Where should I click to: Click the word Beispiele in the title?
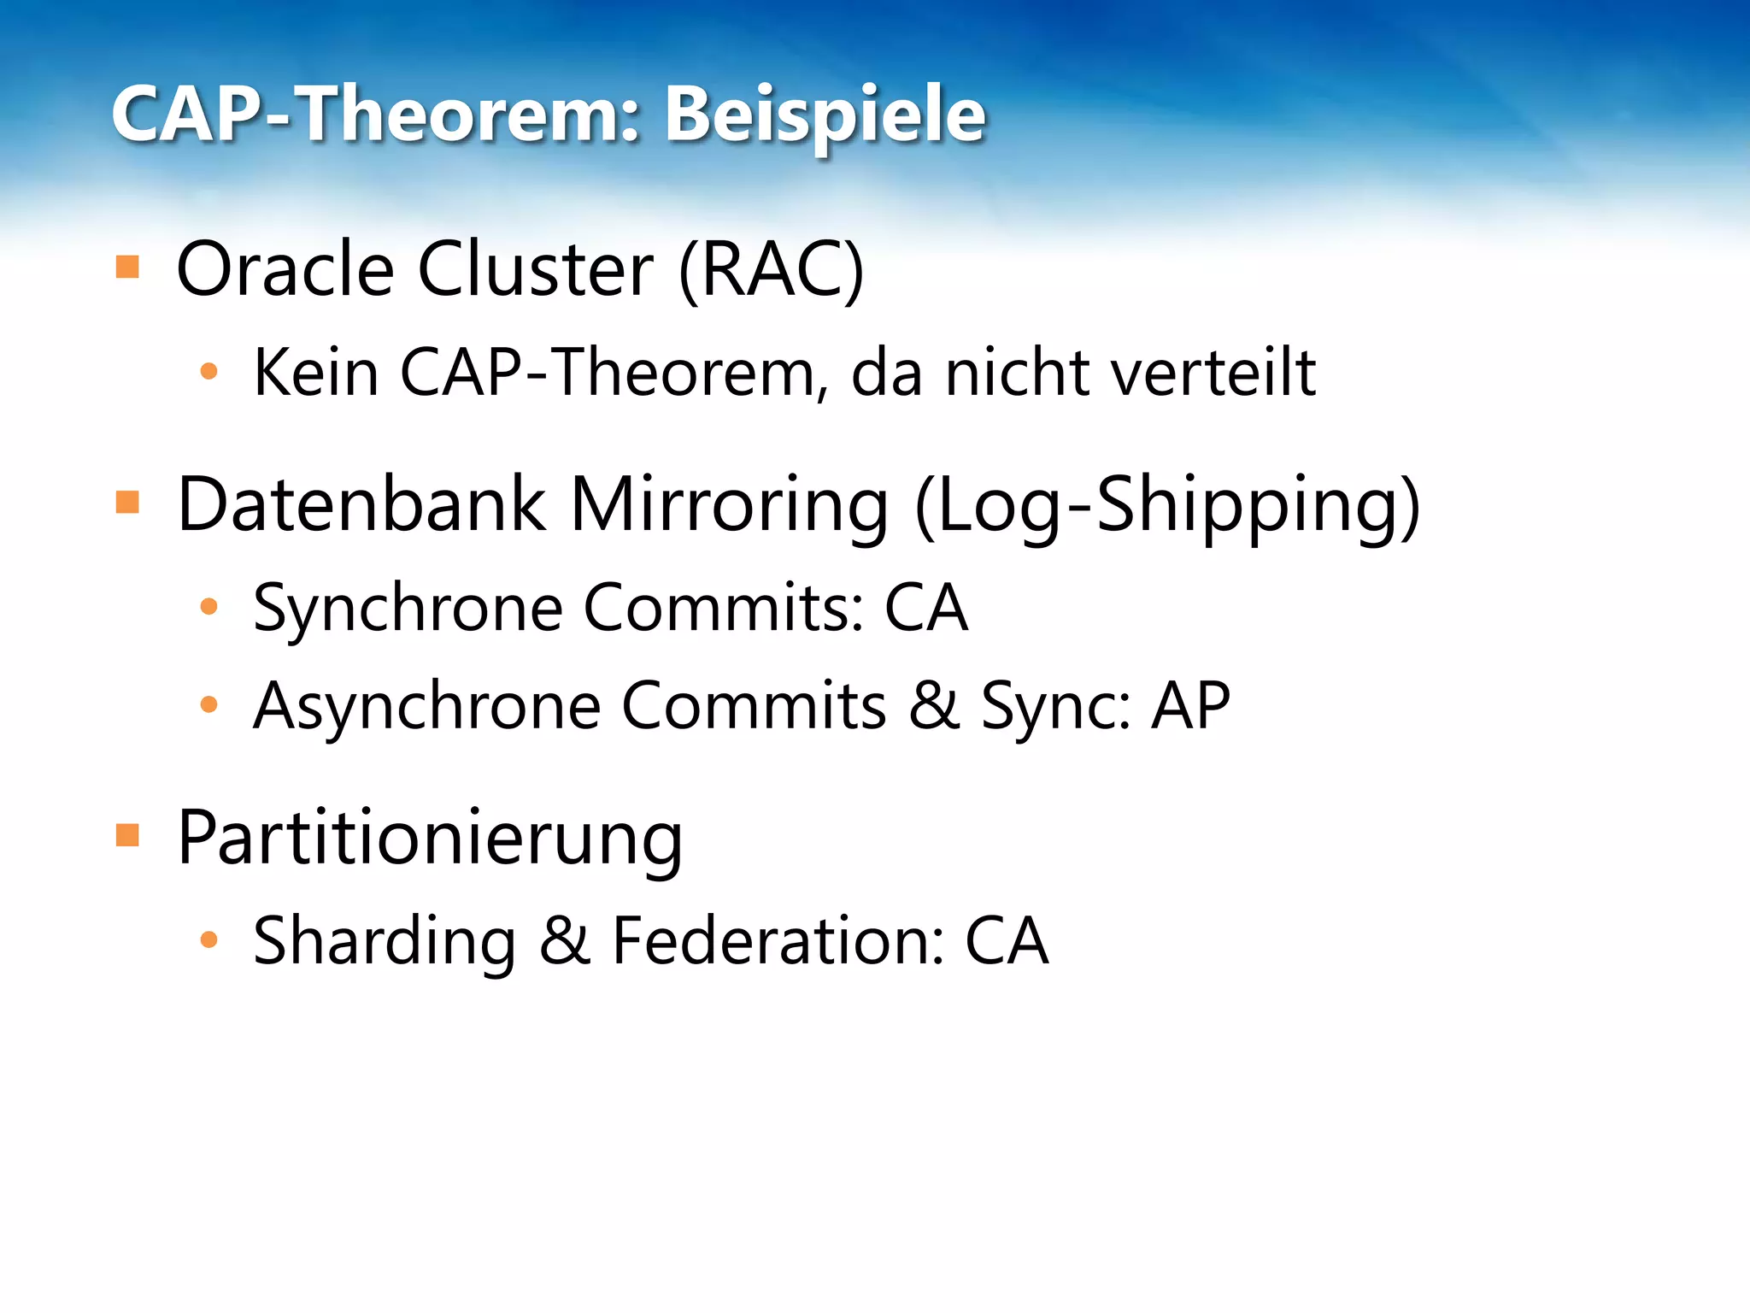click(825, 115)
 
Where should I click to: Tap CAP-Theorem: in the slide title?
click(376, 115)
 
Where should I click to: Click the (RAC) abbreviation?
click(771, 271)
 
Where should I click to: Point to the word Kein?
click(316, 373)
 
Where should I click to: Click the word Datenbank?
click(361, 504)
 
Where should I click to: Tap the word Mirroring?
click(729, 504)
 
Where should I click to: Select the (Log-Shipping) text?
click(1167, 506)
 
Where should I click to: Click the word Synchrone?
click(408, 608)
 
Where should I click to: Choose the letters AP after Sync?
click(1190, 706)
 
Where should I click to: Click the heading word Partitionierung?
click(430, 838)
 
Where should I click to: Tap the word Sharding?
click(385, 941)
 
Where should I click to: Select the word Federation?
click(778, 941)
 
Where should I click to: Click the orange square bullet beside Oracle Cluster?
click(127, 268)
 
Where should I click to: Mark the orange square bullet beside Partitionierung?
click(127, 834)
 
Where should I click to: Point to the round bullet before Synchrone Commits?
click(208, 607)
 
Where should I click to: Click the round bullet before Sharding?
click(208, 940)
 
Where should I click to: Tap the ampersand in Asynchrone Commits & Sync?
click(933, 706)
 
